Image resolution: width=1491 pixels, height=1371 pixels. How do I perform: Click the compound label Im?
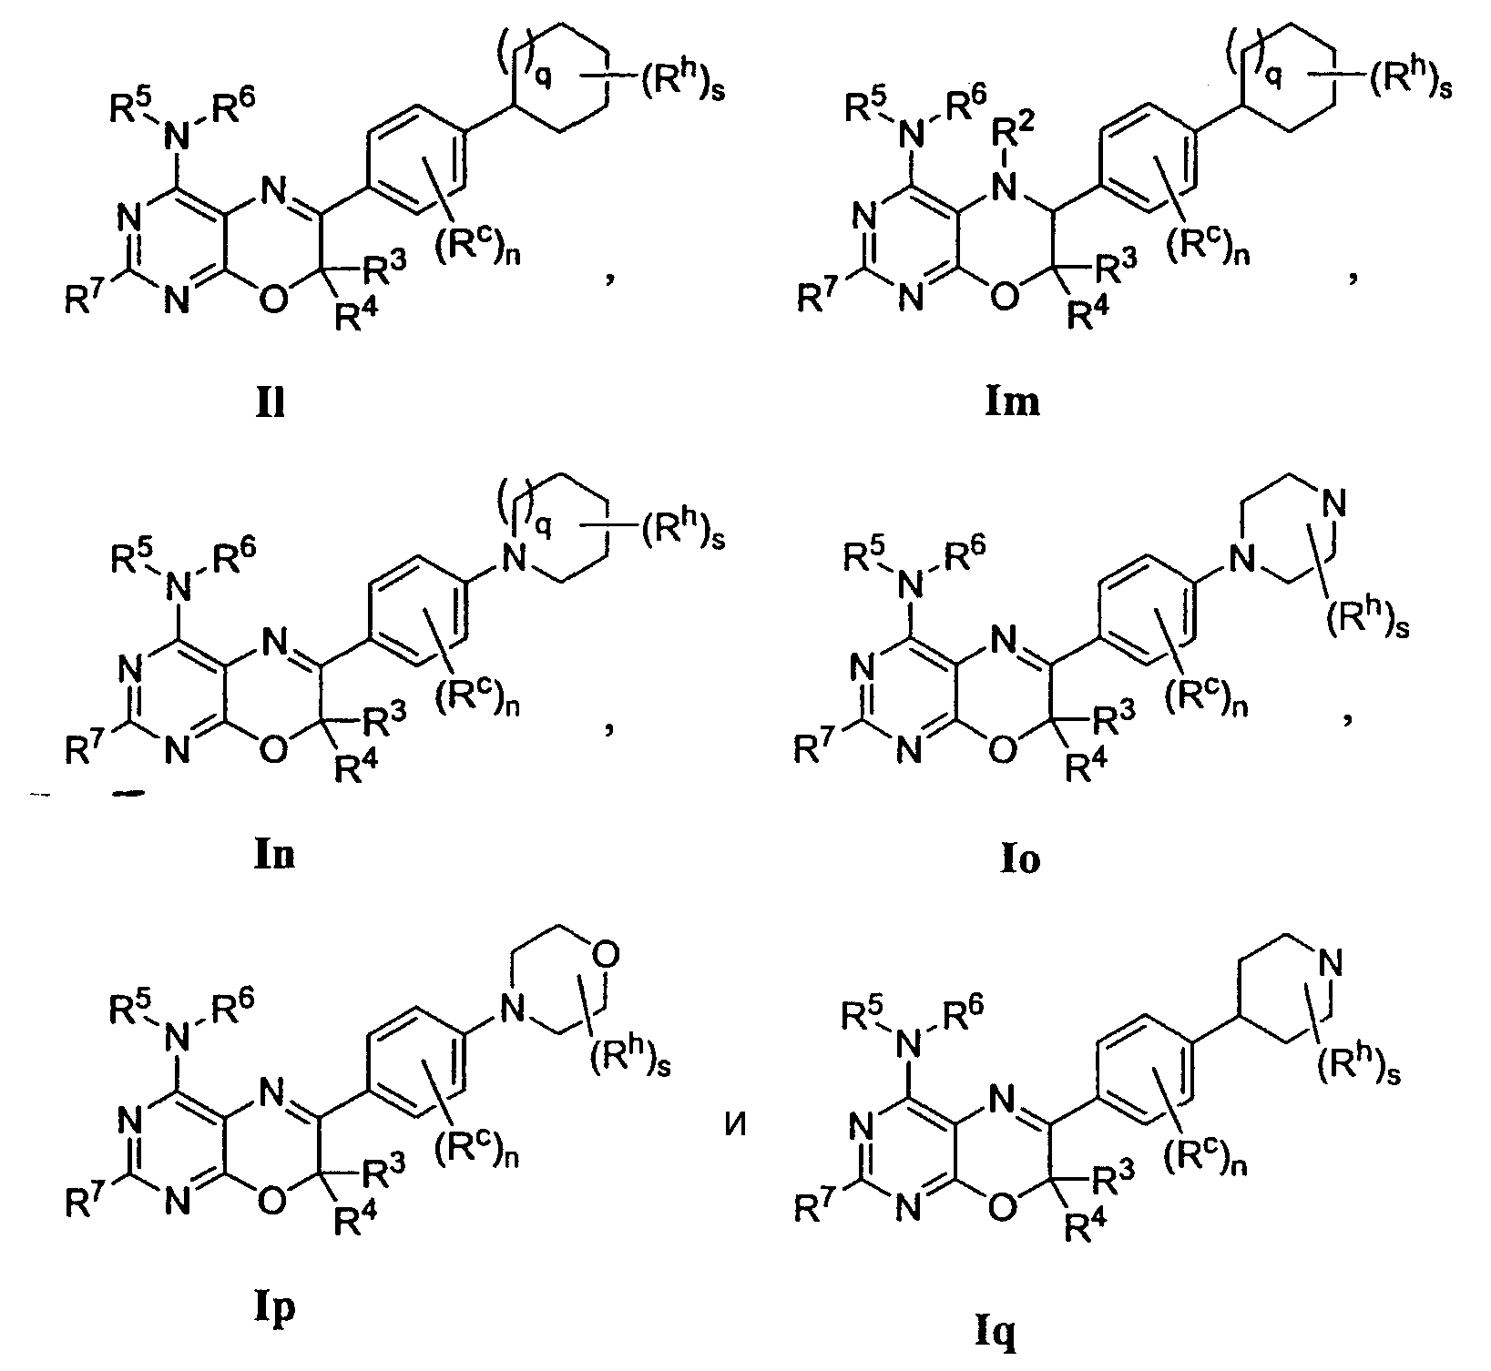[1012, 401]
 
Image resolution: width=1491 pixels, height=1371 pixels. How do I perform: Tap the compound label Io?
[1019, 858]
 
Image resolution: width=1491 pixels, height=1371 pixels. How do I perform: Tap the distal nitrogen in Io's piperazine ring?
[1334, 501]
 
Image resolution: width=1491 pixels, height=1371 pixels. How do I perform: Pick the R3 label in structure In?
[385, 719]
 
